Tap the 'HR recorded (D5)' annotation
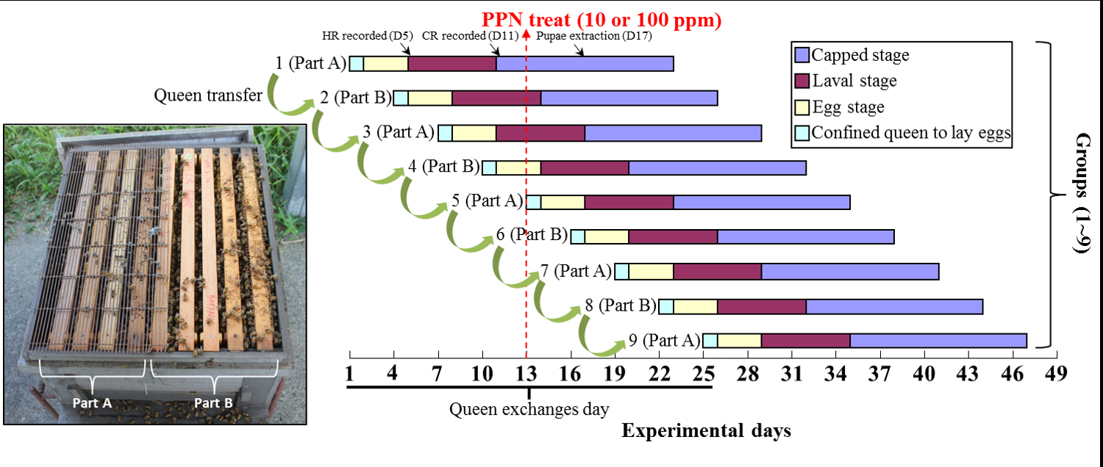pyautogui.click(x=368, y=35)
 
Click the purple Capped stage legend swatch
pyautogui.click(x=802, y=54)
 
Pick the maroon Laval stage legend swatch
pyautogui.click(x=802, y=80)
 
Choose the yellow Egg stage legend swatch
pyautogui.click(x=802, y=106)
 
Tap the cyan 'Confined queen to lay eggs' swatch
pyautogui.click(x=802, y=132)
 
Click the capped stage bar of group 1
pyautogui.click(x=585, y=63)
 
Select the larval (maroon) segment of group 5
pyautogui.click(x=629, y=202)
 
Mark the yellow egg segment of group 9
pyautogui.click(x=739, y=340)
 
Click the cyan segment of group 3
pyautogui.click(x=445, y=133)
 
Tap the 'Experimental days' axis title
pyautogui.click(x=706, y=430)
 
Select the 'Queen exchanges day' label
pyautogui.click(x=529, y=408)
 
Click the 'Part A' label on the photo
pyautogui.click(x=92, y=402)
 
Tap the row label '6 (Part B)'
pyautogui.click(x=531, y=235)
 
